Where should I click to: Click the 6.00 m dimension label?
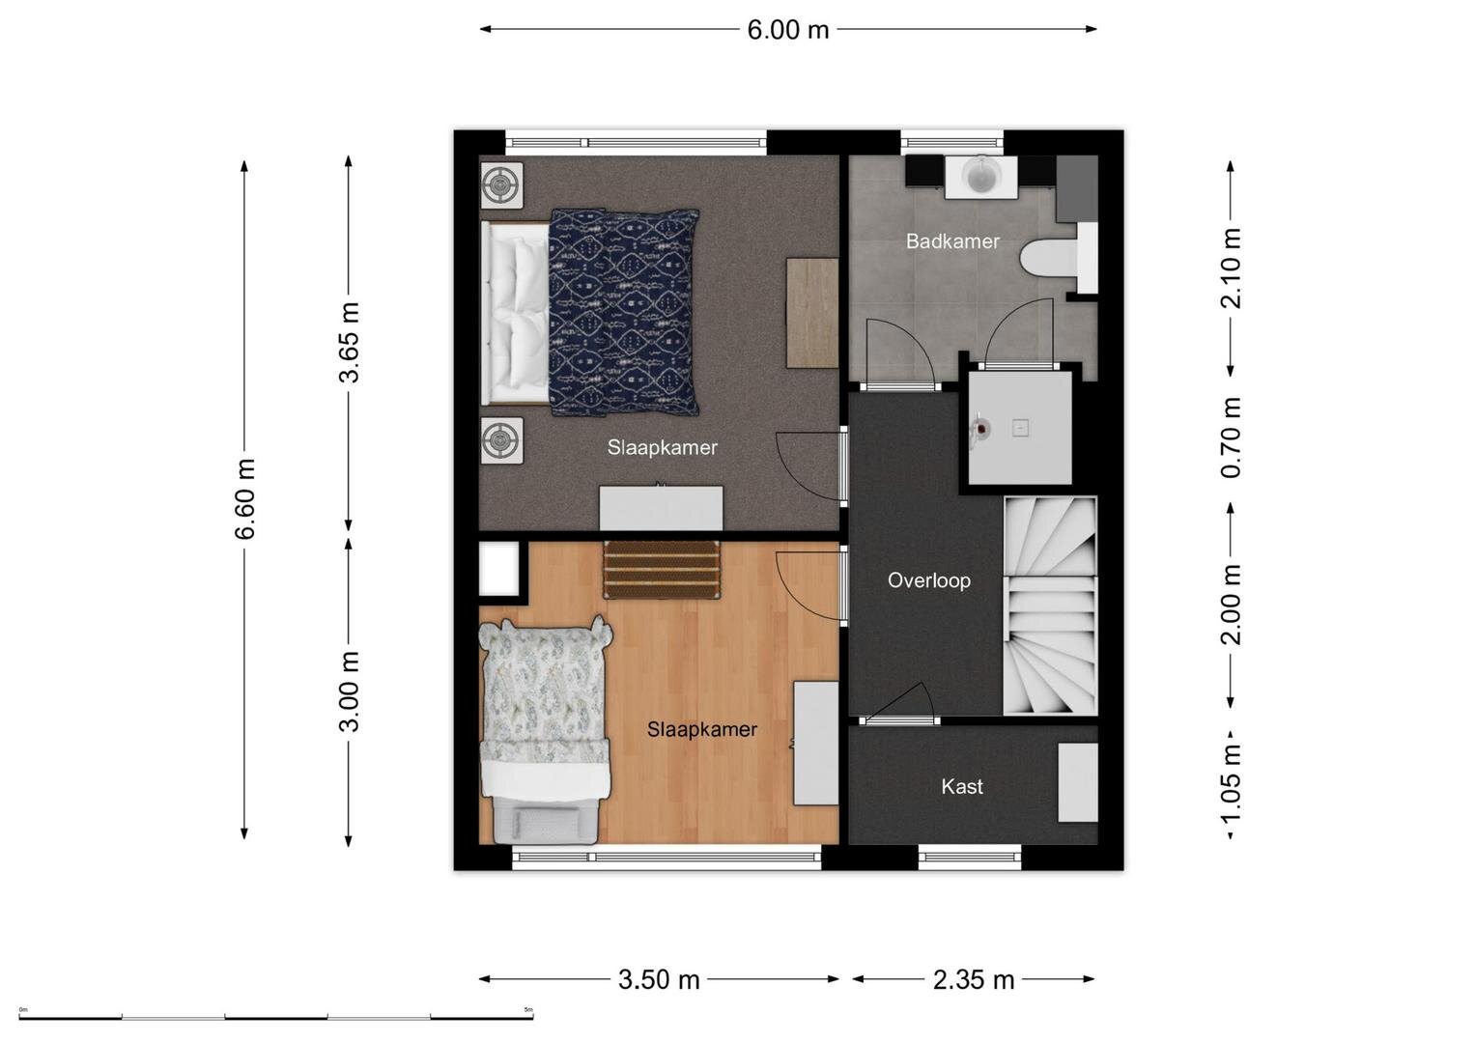[787, 30]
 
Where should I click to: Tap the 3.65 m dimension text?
[349, 343]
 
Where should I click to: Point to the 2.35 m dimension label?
[974, 980]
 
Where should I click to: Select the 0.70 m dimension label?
[1230, 437]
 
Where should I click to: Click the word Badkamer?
[952, 241]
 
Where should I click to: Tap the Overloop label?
[928, 580]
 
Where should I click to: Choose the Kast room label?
[962, 786]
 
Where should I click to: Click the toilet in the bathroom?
[1059, 258]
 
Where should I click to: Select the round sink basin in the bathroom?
[981, 175]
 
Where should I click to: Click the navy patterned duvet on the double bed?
[624, 313]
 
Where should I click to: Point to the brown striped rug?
[662, 570]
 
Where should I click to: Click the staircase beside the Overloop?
[1050, 606]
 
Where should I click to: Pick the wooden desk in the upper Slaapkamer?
[812, 313]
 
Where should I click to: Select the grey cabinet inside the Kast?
[1077, 782]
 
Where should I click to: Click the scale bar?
[276, 1018]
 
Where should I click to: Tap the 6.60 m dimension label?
[245, 499]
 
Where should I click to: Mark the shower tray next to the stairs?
[1019, 428]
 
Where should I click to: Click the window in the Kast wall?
[970, 857]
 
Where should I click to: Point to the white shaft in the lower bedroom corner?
[499, 568]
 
